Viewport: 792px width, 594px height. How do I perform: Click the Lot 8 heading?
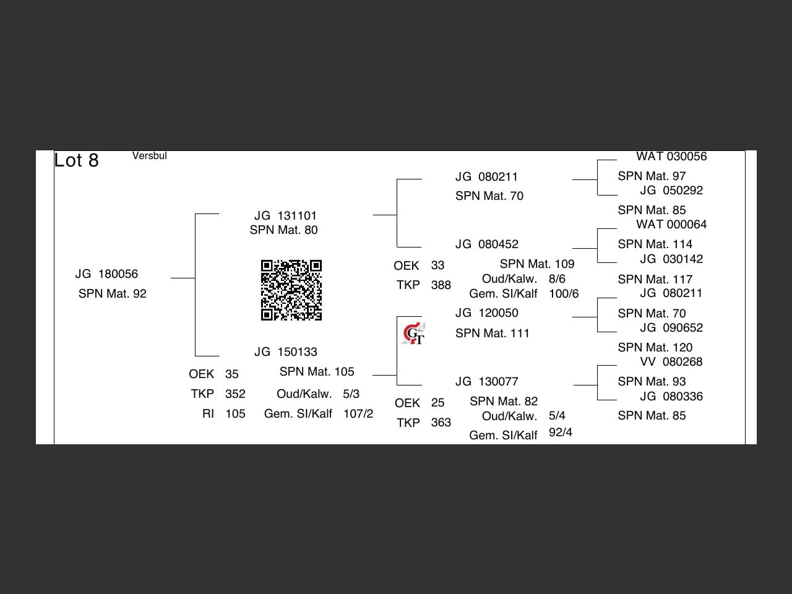coord(76,160)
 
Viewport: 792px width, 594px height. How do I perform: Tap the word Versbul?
coord(149,156)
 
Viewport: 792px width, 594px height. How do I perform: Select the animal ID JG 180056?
coord(106,274)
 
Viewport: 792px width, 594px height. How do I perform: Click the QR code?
coord(291,290)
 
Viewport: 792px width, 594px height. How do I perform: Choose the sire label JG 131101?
coord(285,216)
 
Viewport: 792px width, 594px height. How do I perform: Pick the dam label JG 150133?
coord(285,352)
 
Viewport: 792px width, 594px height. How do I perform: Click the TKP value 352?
coord(235,394)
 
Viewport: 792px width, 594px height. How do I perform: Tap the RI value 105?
coord(235,414)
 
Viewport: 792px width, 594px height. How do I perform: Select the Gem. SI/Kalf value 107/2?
coord(358,414)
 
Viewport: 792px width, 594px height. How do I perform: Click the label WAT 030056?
coord(671,157)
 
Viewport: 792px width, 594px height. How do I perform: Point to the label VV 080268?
coord(671,362)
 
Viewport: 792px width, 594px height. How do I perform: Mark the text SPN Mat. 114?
coord(655,244)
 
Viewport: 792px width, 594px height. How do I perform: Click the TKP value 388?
coord(441,285)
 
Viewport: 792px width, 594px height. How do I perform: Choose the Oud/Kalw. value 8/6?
coord(557,279)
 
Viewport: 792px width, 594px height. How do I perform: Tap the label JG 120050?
coord(486,313)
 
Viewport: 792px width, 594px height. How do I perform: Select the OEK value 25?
coord(437,403)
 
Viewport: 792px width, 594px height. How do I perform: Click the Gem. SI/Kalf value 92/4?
coord(560,433)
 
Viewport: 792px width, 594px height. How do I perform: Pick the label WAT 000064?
coord(671,225)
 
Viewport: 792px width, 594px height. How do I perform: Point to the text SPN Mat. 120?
coord(655,348)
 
